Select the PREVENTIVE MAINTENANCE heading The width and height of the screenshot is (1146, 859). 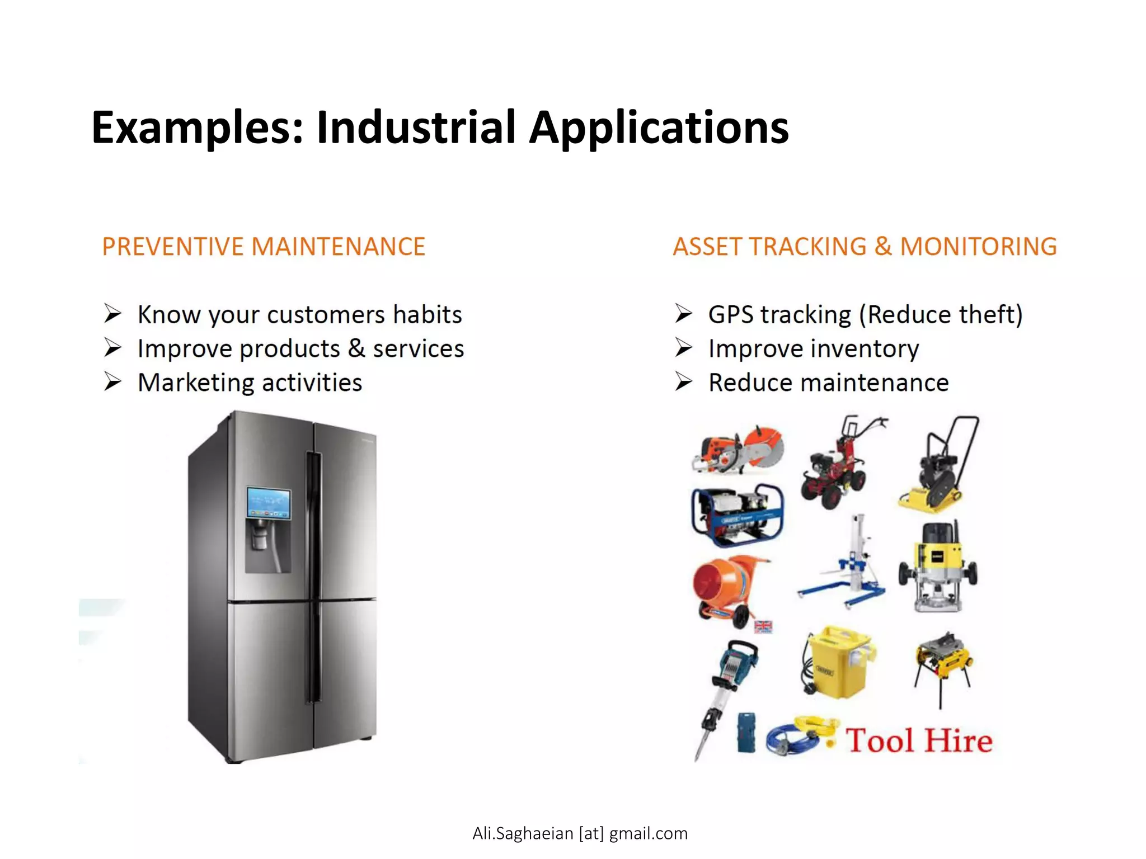[264, 247]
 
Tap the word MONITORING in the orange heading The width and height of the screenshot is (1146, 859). [978, 247]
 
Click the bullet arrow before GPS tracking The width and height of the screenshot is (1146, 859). [683, 314]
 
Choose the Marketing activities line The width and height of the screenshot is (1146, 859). [250, 383]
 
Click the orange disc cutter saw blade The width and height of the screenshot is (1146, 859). [764, 447]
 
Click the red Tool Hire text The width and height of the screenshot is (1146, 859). [918, 740]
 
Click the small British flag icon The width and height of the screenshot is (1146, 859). [763, 626]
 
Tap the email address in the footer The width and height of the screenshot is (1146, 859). [580, 833]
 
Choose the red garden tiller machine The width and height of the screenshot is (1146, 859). [838, 467]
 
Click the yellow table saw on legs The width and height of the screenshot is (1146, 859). [943, 663]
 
